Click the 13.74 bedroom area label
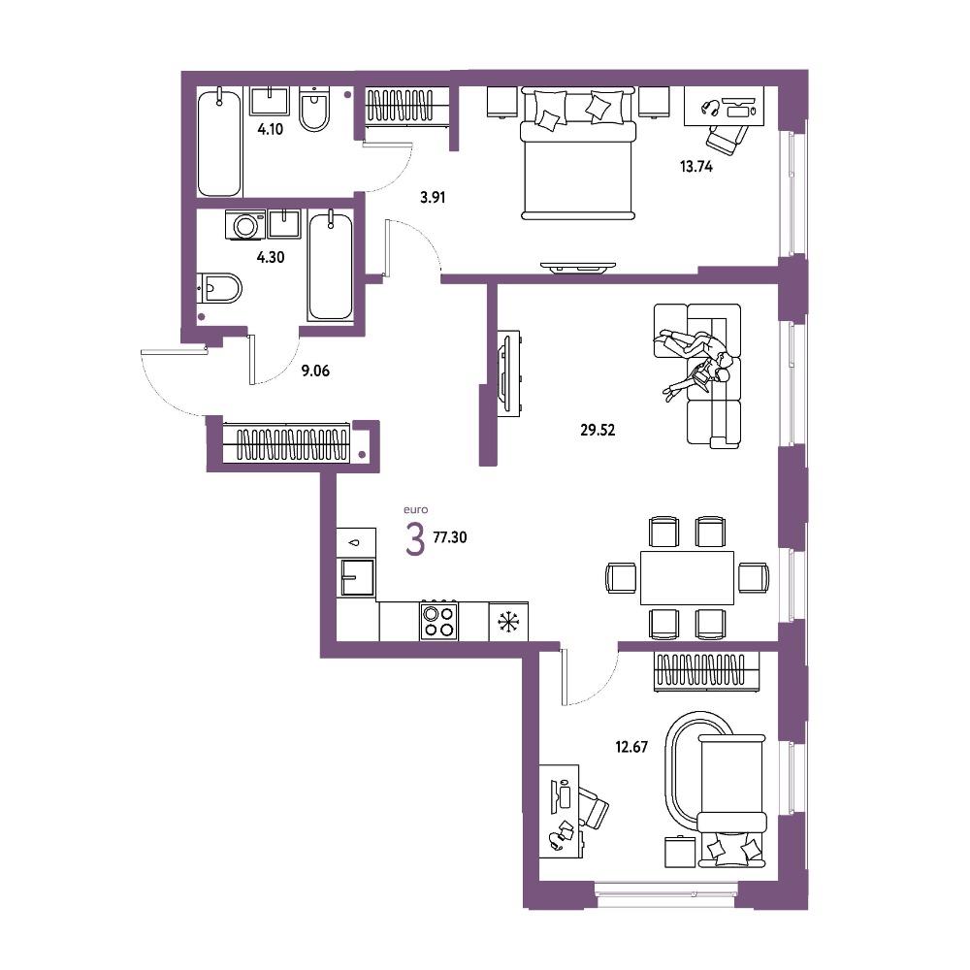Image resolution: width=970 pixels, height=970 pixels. [695, 167]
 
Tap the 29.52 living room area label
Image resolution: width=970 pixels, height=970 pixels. [598, 430]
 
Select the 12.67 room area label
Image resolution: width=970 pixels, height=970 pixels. [631, 747]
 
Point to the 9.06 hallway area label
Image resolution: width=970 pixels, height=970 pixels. [315, 372]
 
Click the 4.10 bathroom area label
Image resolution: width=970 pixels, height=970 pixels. [271, 129]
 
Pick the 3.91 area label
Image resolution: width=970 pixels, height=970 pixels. [433, 198]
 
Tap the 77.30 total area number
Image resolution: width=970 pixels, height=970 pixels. [450, 537]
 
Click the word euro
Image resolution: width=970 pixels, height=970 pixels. [416, 510]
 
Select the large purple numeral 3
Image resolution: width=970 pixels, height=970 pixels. [414, 538]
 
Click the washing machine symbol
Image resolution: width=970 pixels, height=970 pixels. [245, 225]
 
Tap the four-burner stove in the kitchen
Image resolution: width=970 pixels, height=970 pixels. [438, 621]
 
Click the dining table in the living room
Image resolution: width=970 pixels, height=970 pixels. [687, 578]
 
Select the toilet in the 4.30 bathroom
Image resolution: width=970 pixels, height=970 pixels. [219, 288]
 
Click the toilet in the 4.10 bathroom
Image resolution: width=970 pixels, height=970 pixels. [314, 111]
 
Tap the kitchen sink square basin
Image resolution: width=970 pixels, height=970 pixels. [358, 577]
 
